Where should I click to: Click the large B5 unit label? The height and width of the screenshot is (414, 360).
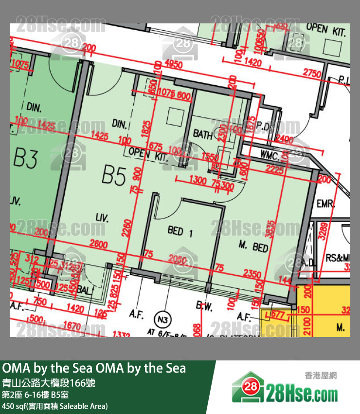(x=114, y=175)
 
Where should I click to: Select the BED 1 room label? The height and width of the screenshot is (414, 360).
(x=180, y=231)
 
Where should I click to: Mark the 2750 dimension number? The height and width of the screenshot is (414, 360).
(x=312, y=74)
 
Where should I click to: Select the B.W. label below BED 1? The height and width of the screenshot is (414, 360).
(x=203, y=306)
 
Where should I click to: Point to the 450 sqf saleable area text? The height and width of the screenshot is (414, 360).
(x=54, y=406)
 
